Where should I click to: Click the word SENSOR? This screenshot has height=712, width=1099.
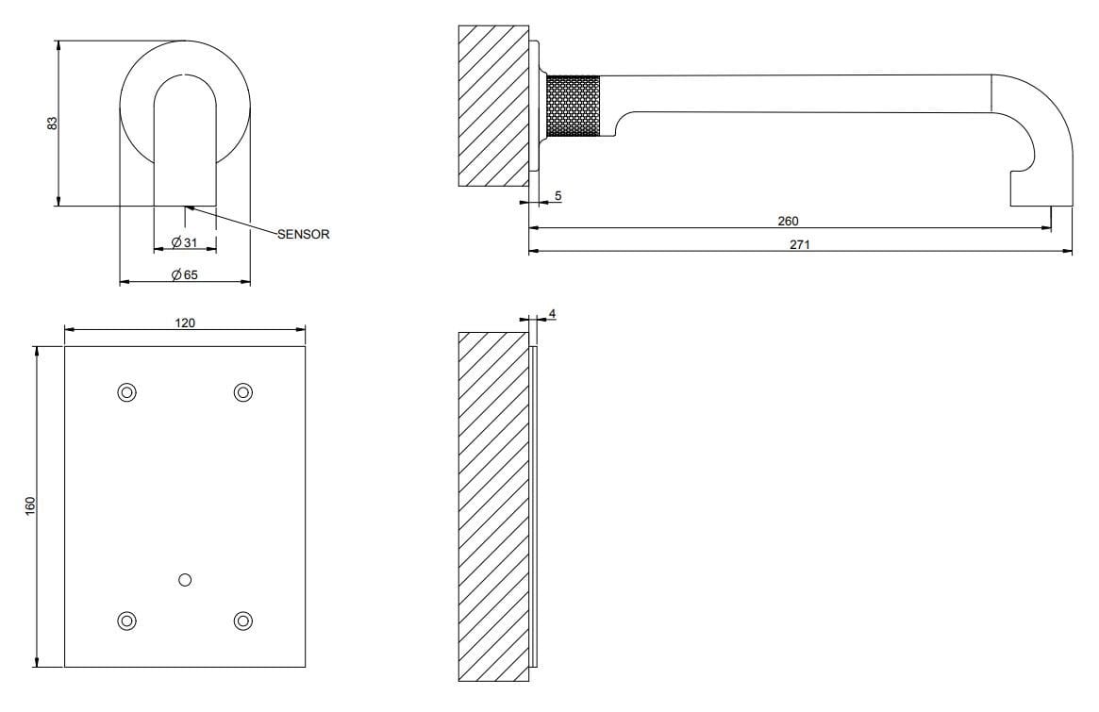[303, 234]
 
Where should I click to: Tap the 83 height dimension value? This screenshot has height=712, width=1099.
[53, 123]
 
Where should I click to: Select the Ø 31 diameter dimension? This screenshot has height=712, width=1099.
[184, 243]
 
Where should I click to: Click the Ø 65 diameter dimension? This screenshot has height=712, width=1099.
[184, 274]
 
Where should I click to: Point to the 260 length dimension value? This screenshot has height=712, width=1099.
[788, 221]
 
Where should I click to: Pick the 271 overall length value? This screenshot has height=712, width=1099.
[799, 243]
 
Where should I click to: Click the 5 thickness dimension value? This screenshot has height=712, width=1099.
[558, 195]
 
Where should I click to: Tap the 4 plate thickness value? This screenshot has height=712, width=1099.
[551, 313]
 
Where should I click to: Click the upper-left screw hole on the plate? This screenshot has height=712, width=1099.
[126, 391]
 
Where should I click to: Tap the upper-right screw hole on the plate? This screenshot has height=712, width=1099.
[243, 391]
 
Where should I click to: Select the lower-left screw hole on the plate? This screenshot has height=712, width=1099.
[126, 620]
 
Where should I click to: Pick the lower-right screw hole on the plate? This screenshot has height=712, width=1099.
[243, 620]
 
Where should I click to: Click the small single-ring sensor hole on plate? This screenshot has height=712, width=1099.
[185, 578]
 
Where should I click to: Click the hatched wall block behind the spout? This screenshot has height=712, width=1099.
[492, 106]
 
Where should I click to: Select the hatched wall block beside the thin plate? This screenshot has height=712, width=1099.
[492, 505]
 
